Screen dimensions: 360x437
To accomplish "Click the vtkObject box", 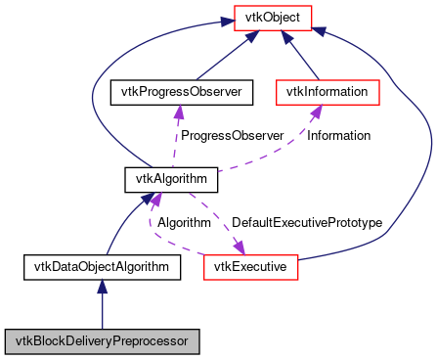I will pos(273,17).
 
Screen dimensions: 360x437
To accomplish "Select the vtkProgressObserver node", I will pos(181,92).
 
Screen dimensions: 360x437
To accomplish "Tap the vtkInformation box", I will pos(327,92).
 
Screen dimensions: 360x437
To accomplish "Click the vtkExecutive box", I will pos(250,265).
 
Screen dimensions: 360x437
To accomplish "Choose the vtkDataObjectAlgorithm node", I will pos(102,265).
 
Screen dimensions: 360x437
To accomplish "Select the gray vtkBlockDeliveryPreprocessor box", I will pos(102,341).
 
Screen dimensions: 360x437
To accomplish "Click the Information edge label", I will pos(339,135).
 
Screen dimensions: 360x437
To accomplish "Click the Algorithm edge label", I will pos(184,223).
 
